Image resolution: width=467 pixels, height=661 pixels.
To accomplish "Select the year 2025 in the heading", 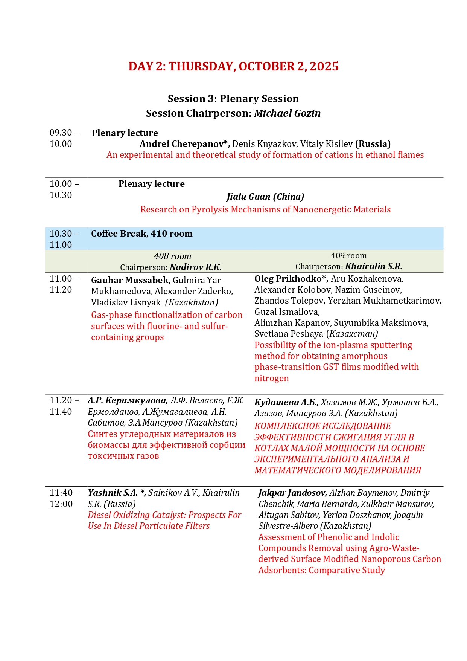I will click(324, 66).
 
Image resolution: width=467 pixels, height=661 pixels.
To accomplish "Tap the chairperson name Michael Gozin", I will click(287, 113).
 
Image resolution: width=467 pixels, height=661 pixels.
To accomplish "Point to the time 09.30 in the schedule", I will click(61, 133).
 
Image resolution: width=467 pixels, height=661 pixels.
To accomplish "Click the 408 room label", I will click(172, 256).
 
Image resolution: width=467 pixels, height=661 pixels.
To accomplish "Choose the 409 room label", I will click(348, 256).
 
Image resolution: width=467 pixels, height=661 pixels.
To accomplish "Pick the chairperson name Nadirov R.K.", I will click(196, 267).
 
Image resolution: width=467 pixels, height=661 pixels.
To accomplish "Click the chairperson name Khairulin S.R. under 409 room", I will click(373, 267).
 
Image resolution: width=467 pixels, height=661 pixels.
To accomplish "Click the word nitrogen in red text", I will click(271, 378).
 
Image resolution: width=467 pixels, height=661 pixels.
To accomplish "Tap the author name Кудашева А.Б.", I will click(286, 403).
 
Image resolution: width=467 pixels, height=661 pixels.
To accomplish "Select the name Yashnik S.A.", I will click(113, 493).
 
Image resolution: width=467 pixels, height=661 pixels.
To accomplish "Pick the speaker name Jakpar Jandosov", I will click(292, 493).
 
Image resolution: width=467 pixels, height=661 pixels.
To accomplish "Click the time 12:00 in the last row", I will click(61, 504).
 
